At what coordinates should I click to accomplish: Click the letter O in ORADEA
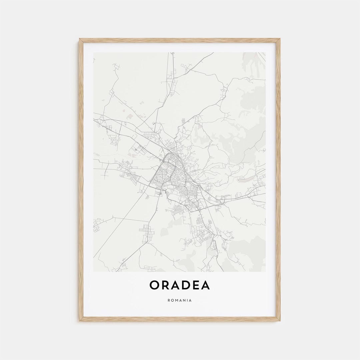point(155,285)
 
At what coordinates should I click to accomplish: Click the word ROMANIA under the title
point(180,300)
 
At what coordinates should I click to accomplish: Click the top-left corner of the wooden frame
point(80,39)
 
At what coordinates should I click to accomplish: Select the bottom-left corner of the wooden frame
point(80,320)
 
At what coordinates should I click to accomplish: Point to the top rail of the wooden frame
point(180,40)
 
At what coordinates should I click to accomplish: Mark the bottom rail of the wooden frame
point(180,319)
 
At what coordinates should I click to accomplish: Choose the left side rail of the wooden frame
point(81,180)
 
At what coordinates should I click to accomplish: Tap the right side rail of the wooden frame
point(278,180)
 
